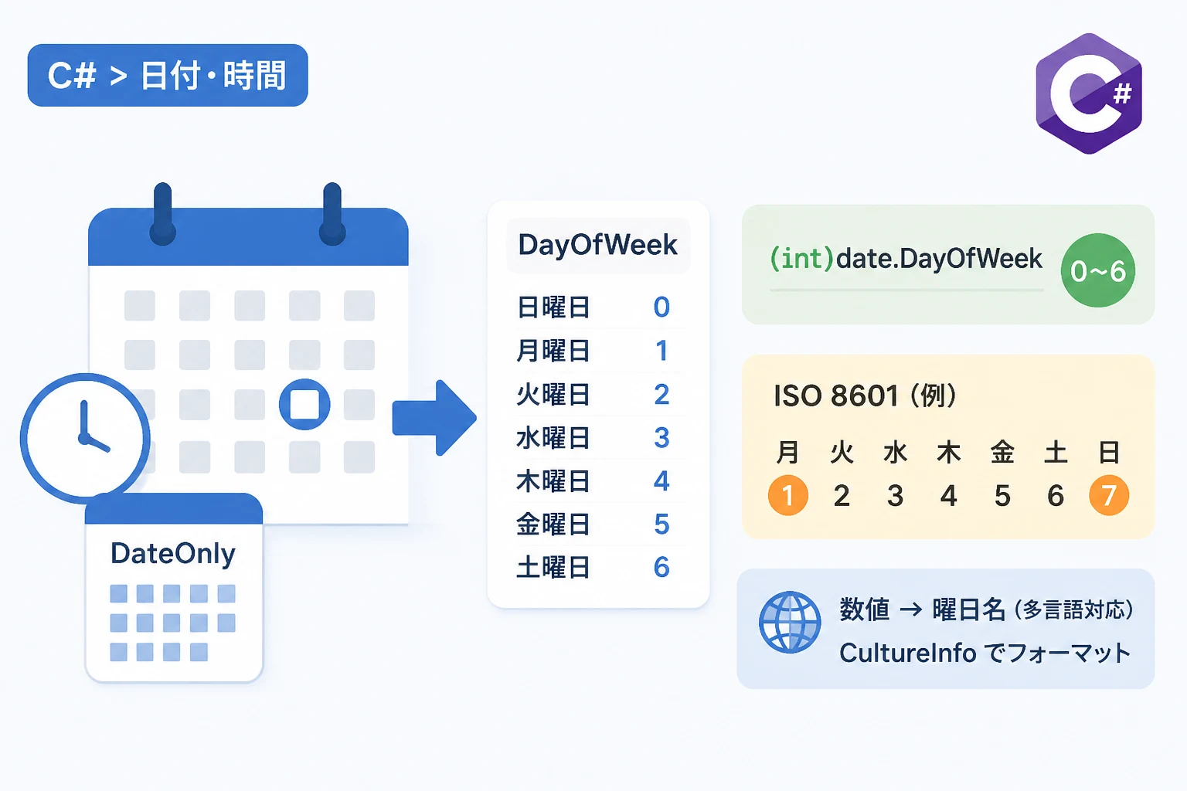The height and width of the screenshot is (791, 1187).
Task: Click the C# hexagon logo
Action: [1089, 93]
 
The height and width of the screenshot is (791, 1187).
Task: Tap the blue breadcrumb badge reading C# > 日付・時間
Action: [168, 75]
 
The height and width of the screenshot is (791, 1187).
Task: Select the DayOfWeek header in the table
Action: [597, 245]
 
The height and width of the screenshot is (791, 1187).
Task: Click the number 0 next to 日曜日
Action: [662, 307]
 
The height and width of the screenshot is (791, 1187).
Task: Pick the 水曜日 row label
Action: [553, 438]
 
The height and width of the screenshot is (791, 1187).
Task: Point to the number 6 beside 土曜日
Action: [662, 568]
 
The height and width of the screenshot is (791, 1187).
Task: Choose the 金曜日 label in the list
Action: [553, 525]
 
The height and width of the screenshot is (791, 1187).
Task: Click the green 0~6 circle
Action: [1098, 270]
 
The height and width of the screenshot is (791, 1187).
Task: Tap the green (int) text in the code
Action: [801, 259]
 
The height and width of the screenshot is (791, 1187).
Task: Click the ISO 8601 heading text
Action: [865, 395]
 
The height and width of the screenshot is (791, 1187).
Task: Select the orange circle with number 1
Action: [788, 495]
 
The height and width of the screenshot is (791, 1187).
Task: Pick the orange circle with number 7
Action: [1109, 495]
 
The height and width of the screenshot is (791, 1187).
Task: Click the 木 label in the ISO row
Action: [948, 453]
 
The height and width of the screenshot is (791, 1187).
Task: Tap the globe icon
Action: [790, 622]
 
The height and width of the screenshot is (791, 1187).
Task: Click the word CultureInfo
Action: [908, 653]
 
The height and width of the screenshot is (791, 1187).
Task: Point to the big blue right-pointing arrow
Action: [434, 418]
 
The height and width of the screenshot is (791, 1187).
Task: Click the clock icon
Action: [85, 438]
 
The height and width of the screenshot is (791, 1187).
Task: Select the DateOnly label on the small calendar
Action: [173, 554]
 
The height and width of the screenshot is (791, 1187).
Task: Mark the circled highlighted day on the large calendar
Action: [304, 404]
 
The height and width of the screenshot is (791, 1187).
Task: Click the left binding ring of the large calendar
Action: [163, 214]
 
